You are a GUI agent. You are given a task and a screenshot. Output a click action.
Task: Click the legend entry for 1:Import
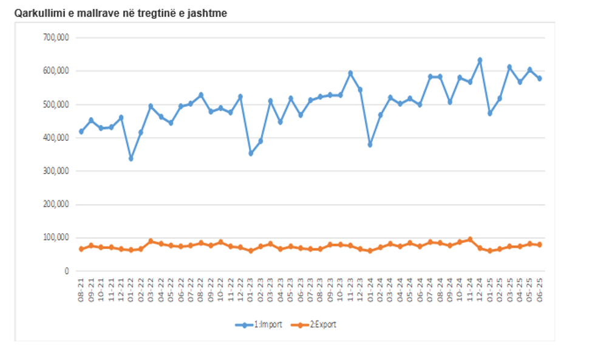pos(259,325)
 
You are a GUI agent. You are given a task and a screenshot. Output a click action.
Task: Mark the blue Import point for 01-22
pos(131,158)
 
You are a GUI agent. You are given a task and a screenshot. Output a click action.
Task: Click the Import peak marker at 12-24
pos(480,60)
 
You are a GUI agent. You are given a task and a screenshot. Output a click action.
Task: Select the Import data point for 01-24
pos(370,144)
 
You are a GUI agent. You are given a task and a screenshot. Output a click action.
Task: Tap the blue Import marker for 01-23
pos(251,153)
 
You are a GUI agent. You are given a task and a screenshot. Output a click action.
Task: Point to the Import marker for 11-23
pos(350,73)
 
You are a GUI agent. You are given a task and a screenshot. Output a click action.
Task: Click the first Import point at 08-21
pos(81,131)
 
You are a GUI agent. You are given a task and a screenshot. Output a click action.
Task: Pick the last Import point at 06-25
pos(539,78)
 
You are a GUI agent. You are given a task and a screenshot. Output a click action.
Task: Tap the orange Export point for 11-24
pos(470,239)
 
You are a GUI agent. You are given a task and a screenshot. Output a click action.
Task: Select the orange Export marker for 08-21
pos(81,249)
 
